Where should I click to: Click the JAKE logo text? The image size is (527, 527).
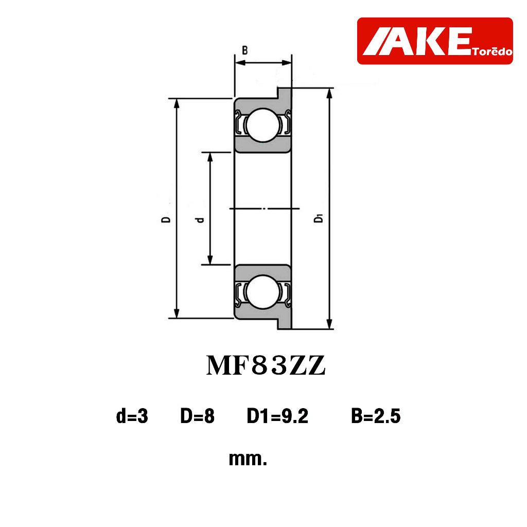click(x=416, y=41)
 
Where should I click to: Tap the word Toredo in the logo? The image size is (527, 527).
click(x=492, y=51)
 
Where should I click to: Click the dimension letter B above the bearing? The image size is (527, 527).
click(x=245, y=50)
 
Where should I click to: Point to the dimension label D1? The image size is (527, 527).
click(x=318, y=218)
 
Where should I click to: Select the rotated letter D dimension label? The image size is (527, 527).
click(x=166, y=219)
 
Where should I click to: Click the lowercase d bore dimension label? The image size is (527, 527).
click(x=200, y=220)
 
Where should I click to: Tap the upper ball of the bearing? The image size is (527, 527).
click(x=263, y=125)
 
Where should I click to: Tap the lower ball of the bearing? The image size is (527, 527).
click(x=263, y=292)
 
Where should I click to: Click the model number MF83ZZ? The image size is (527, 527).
click(x=266, y=366)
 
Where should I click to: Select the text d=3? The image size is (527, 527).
click(x=132, y=416)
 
